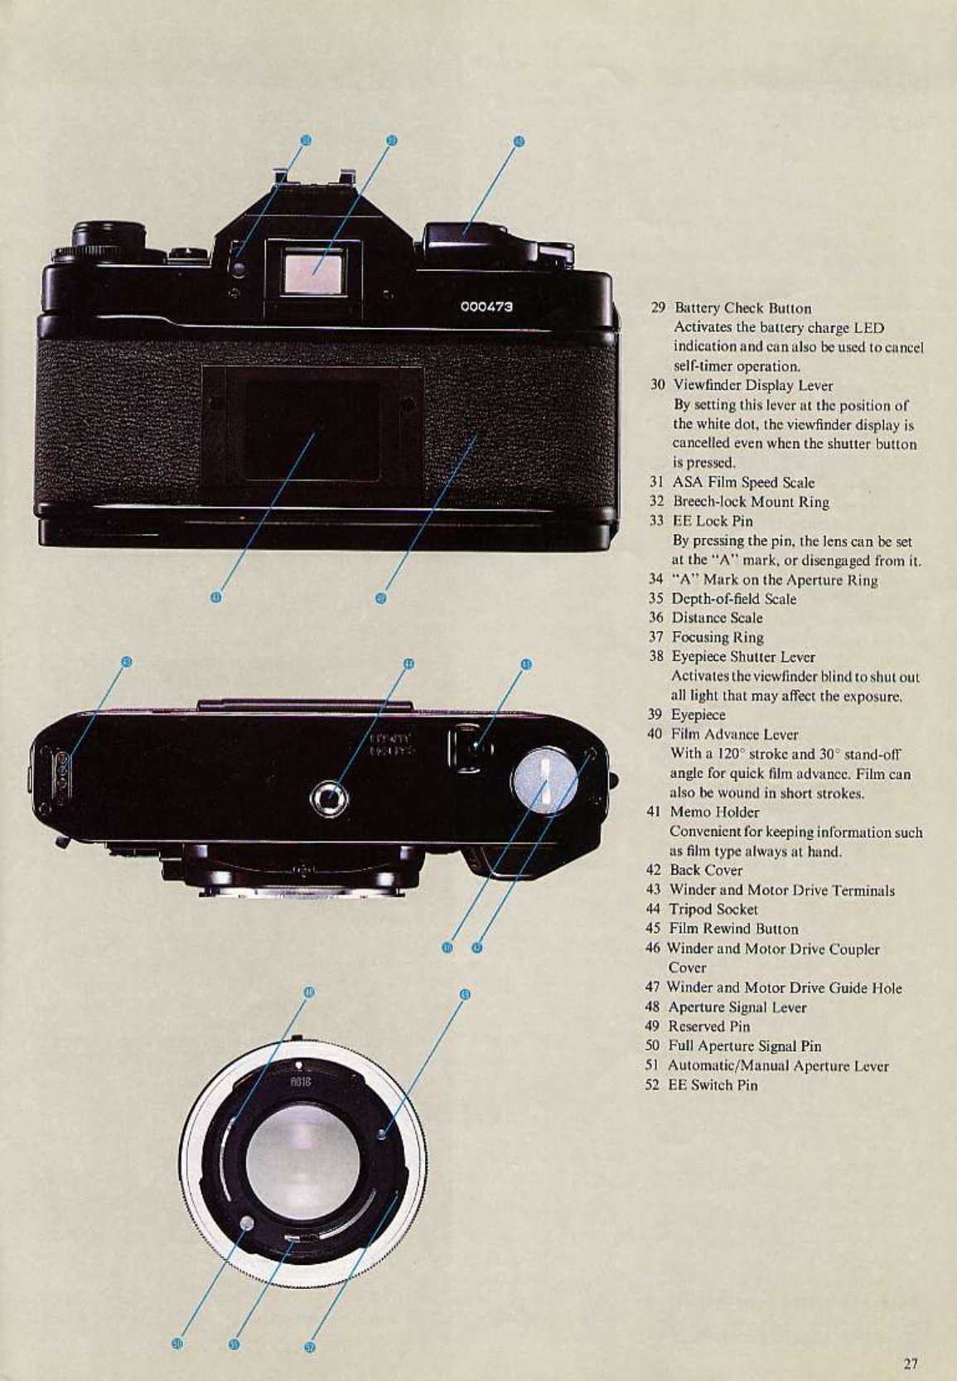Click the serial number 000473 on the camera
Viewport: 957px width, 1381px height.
pos(486,307)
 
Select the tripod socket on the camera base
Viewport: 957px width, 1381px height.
pos(329,799)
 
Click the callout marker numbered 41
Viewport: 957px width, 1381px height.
pos(215,597)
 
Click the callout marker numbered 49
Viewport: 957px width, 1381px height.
pos(464,993)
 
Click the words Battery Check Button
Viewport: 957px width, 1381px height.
pos(742,308)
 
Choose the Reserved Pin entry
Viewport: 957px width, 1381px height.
pos(708,1026)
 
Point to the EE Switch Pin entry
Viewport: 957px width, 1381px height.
pos(712,1085)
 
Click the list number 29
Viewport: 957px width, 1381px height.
pos(658,308)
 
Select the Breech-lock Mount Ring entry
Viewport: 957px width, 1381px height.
pos(750,502)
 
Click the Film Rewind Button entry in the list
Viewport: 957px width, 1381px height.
pos(733,930)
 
